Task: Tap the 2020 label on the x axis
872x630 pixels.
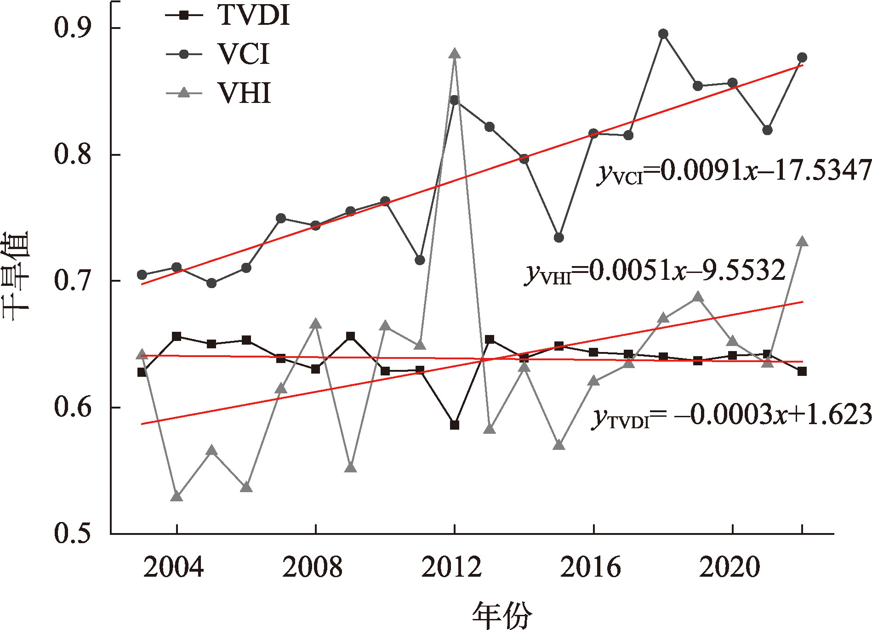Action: [x=730, y=567]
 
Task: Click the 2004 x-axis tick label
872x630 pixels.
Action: [x=174, y=567]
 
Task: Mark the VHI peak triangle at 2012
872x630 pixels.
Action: [x=455, y=53]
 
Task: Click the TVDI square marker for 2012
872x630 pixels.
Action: [x=455, y=425]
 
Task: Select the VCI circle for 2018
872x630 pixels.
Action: [x=663, y=34]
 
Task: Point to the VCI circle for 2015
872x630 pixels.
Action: [x=559, y=238]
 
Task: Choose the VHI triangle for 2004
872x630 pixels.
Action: [x=177, y=496]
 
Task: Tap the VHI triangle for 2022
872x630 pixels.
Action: [x=802, y=242]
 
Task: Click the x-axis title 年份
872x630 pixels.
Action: [x=502, y=615]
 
